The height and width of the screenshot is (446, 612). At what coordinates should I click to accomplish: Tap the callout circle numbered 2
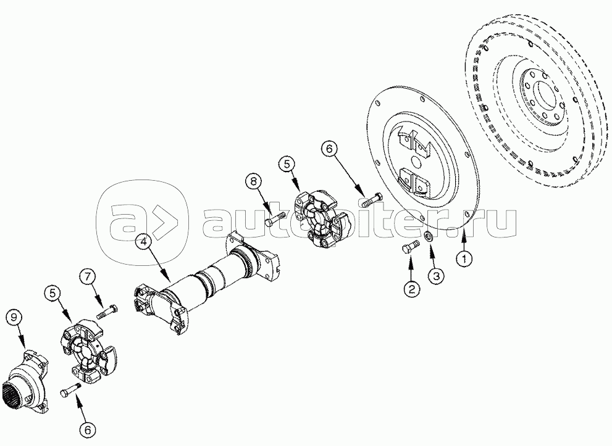411,289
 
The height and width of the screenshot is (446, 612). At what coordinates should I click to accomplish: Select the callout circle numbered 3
436,276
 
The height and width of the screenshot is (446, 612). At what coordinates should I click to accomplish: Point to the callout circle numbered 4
144,242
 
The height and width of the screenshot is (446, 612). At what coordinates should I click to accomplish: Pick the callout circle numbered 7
87,277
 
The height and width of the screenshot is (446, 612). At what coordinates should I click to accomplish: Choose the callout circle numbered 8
254,181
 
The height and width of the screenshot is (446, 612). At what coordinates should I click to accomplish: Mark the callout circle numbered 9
14,318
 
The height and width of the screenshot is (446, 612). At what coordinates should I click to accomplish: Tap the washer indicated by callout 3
428,236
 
